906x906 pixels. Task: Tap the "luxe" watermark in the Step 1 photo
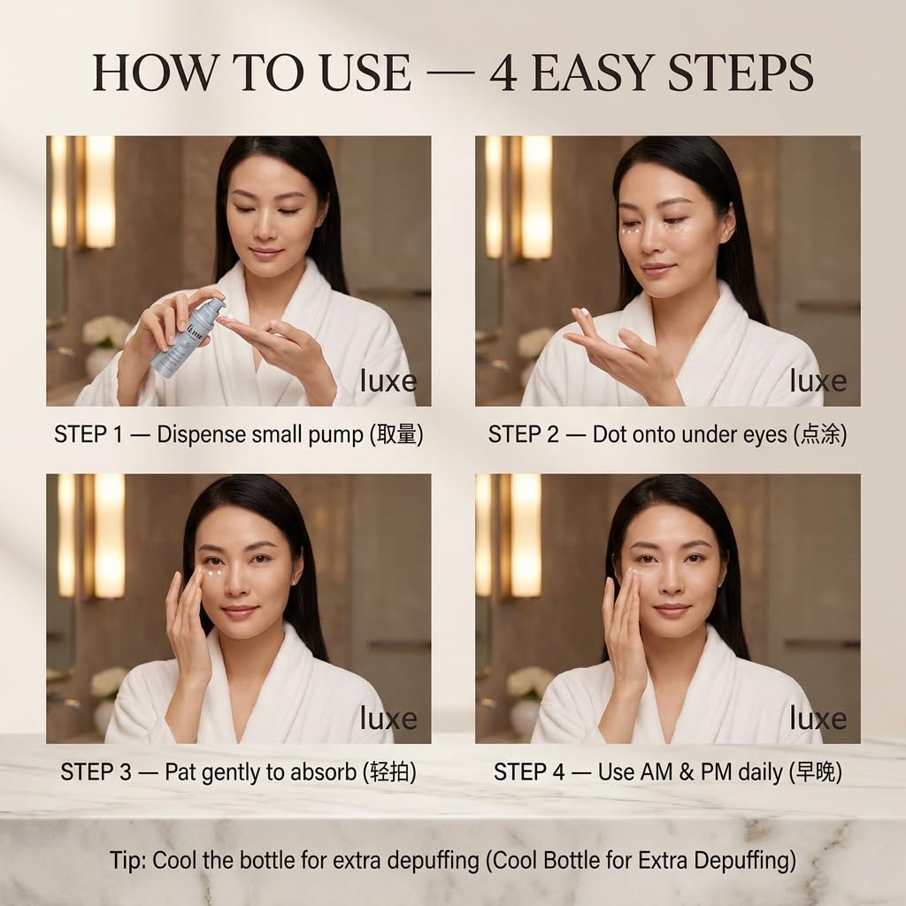point(388,380)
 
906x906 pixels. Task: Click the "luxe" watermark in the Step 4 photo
point(818,718)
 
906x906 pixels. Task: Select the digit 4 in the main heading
point(503,73)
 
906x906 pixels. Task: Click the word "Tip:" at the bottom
point(127,860)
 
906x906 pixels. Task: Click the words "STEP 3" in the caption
point(96,772)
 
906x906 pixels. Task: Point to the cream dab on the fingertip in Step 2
point(586,312)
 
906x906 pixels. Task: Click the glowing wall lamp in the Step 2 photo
point(535,197)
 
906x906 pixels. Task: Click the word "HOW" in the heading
point(152,73)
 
